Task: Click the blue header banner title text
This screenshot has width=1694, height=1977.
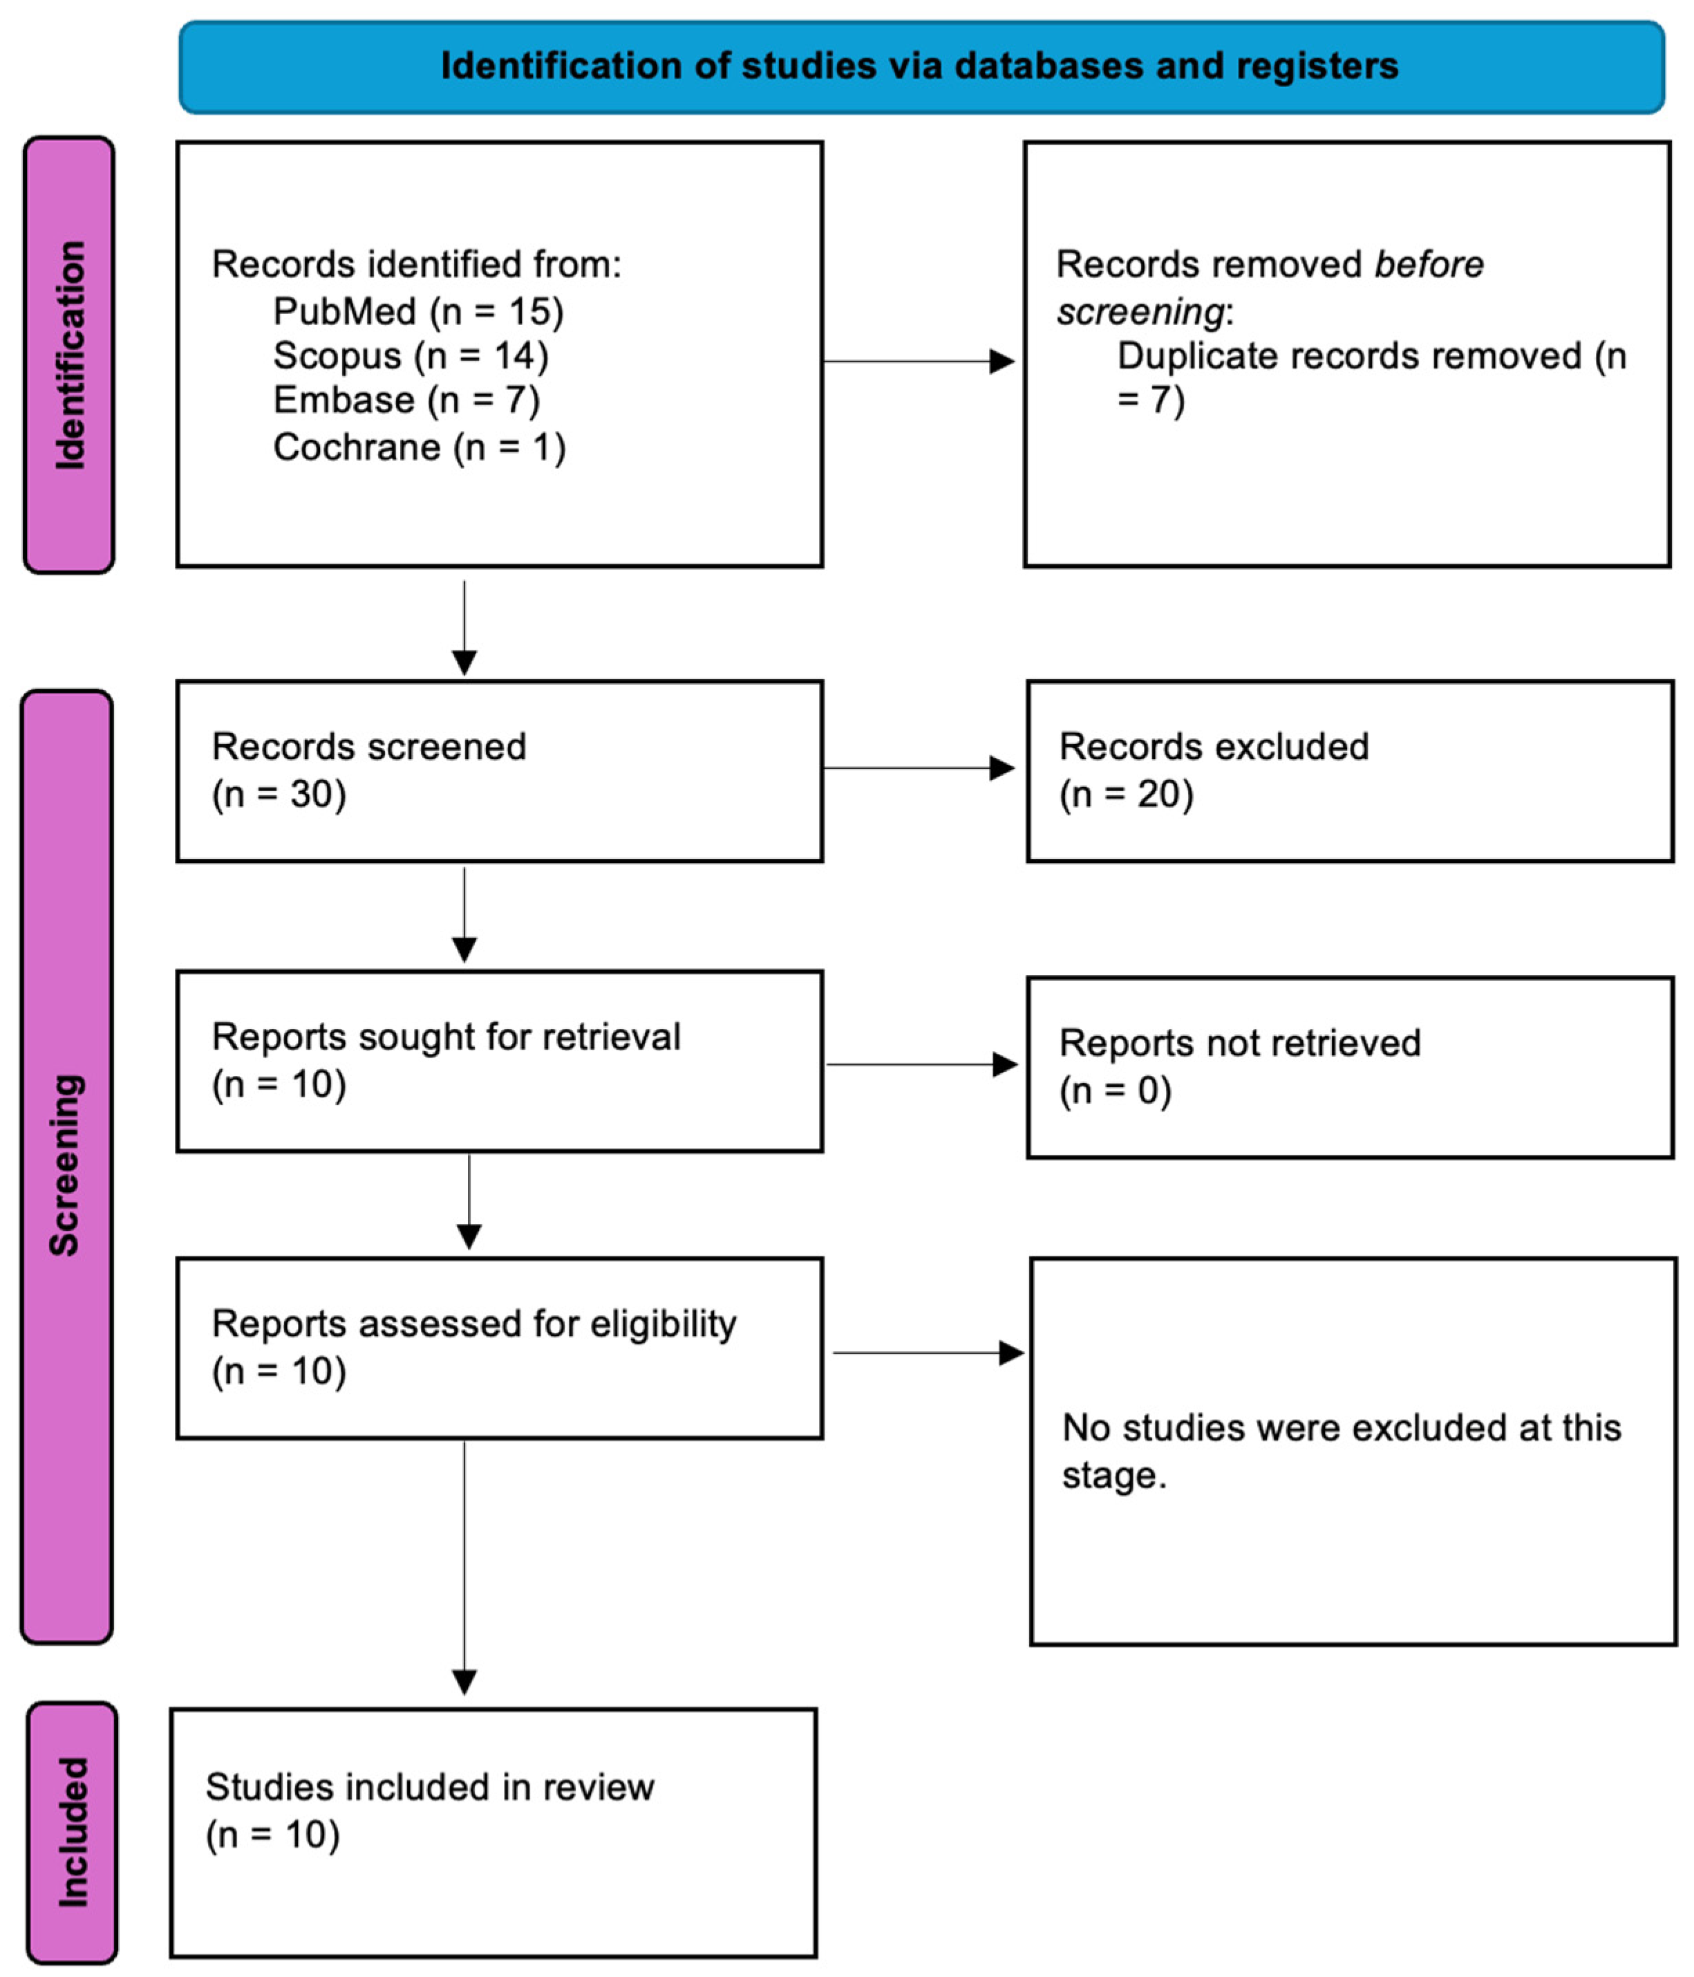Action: [919, 66]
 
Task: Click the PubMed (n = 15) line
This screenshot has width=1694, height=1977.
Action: [417, 311]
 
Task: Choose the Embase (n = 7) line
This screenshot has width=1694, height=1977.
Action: [406, 400]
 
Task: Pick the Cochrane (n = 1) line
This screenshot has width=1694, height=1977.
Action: [419, 447]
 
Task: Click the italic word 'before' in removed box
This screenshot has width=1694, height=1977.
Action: [1428, 264]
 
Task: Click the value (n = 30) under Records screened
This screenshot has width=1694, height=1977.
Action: [279, 794]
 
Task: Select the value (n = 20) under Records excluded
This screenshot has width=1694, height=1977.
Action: [1125, 794]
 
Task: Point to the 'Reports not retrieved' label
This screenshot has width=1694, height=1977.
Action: [1239, 1043]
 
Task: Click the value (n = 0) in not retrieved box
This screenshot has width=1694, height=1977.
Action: [1114, 1090]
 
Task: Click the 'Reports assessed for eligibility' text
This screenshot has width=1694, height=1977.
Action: [473, 1324]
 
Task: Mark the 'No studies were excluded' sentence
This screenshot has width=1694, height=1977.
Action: [1340, 1450]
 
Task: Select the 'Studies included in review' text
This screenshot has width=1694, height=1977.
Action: [429, 1787]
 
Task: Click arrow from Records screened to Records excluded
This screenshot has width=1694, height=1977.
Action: [918, 768]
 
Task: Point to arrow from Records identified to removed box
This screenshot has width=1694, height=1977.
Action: [918, 362]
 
